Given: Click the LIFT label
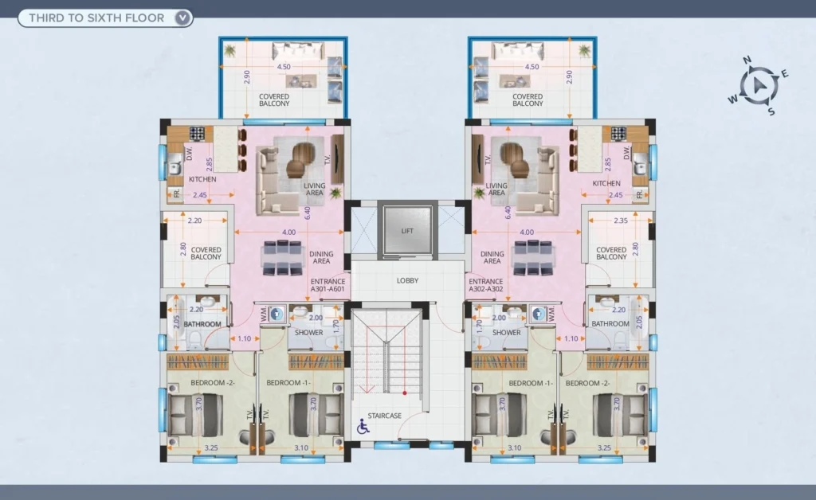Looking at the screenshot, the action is click(x=407, y=231).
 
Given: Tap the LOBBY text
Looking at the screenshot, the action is click(x=407, y=281).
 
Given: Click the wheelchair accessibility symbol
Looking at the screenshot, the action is click(x=363, y=427).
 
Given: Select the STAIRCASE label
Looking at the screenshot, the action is click(x=385, y=416).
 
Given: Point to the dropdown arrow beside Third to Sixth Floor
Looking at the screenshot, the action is click(x=182, y=18).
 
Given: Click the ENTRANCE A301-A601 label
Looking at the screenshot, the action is click(x=328, y=285).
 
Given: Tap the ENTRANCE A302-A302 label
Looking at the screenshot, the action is click(x=486, y=285).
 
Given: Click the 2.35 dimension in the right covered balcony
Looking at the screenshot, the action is click(x=621, y=221).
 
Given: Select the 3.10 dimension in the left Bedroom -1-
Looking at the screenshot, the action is click(x=301, y=447).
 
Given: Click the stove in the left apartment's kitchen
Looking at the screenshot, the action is click(x=197, y=134).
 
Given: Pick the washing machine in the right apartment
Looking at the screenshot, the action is click(x=538, y=314).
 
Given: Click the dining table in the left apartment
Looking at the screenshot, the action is click(x=283, y=257).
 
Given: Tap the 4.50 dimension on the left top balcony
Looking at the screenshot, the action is click(x=284, y=67).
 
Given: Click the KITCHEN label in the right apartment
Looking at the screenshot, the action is click(x=606, y=183).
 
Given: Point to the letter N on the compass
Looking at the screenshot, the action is click(x=747, y=60).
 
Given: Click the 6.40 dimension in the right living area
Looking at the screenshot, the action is click(x=508, y=212).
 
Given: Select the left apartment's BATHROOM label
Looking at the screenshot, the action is click(x=202, y=324).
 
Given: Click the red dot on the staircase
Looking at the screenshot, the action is click(x=404, y=393).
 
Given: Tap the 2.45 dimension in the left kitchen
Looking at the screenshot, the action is click(x=200, y=195).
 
